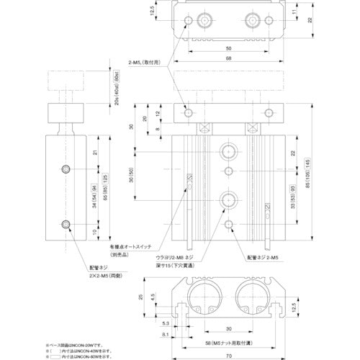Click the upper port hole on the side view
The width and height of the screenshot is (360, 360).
coord(66,169)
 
